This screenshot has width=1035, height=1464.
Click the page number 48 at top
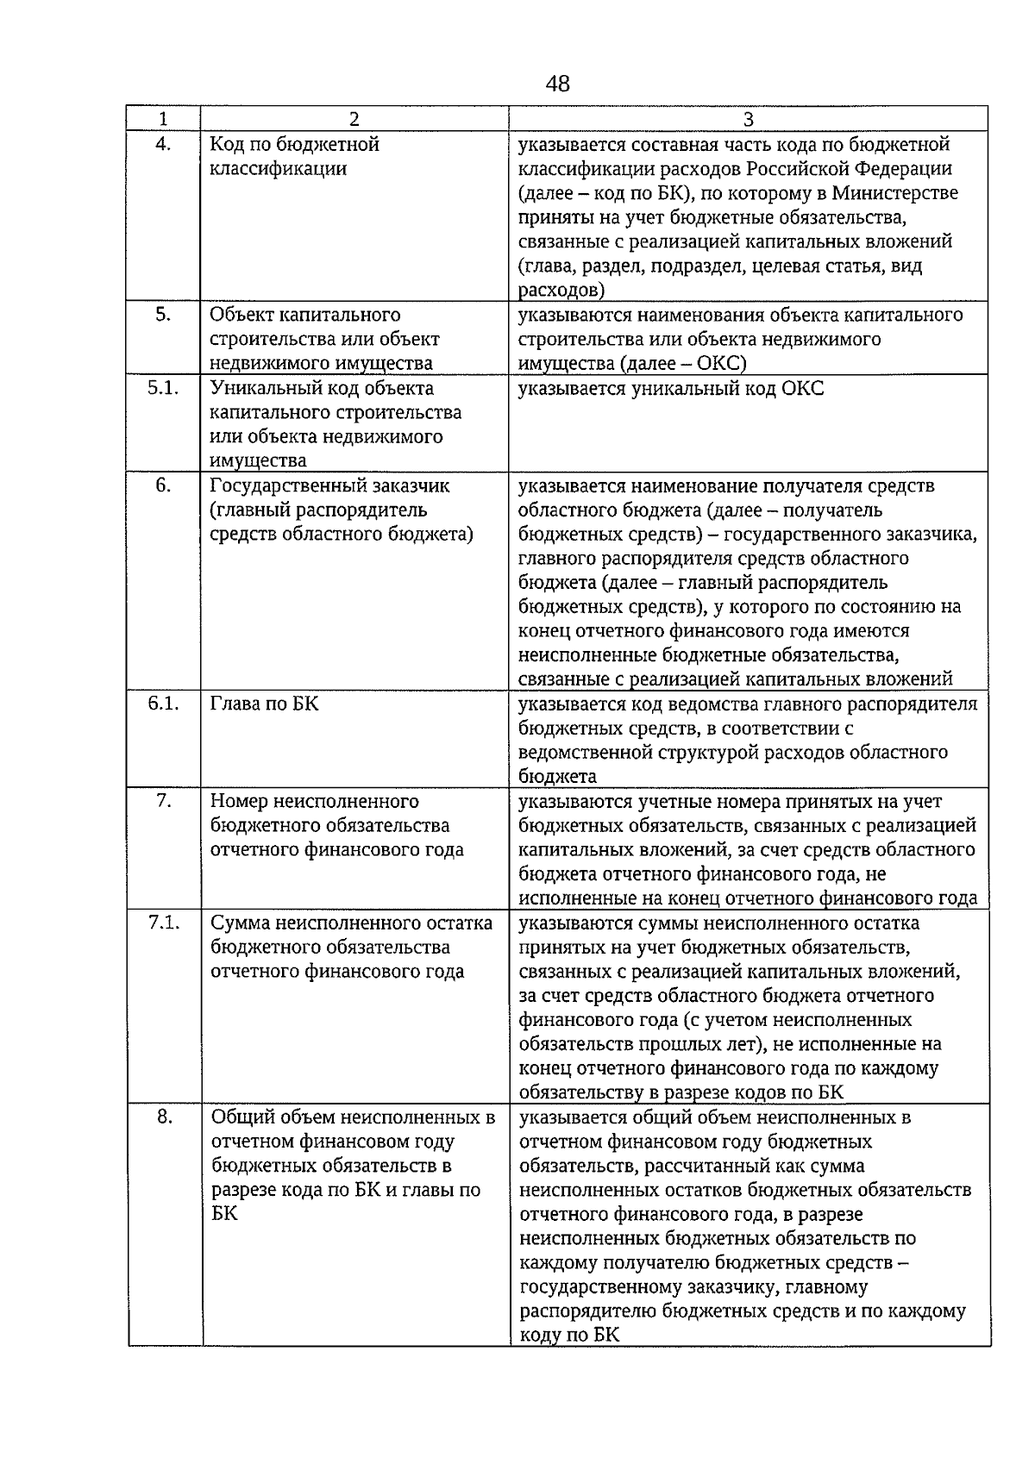pos(558,84)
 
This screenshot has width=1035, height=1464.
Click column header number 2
pos(354,119)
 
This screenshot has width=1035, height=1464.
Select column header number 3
pos(748,119)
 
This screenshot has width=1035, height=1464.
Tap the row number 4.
pos(163,144)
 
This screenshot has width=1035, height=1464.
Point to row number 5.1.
pos(163,388)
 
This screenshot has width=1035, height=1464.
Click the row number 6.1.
pos(163,704)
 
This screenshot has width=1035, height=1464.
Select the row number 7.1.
pos(163,923)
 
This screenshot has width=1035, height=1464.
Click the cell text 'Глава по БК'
pos(264,704)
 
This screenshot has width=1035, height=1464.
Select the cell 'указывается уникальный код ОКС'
pos(670,389)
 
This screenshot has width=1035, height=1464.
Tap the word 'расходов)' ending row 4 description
pos(561,290)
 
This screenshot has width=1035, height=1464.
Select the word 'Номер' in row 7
pos(238,801)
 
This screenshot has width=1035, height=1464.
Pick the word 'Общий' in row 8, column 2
pos(241,1117)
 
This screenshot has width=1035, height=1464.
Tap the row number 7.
pos(163,801)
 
